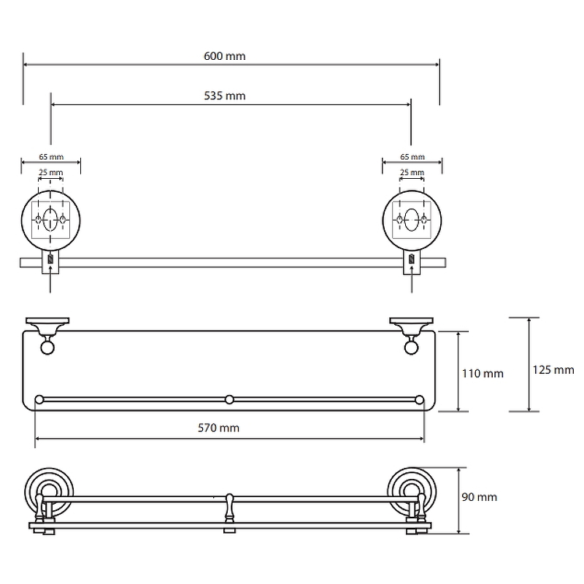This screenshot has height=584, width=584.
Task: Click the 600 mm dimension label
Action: (x=231, y=55)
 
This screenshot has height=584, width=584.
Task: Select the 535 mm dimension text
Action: (x=231, y=96)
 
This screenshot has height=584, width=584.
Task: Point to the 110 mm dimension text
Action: (x=483, y=373)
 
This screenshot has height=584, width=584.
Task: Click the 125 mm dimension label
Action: (x=554, y=369)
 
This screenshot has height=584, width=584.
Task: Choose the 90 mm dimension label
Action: (x=480, y=497)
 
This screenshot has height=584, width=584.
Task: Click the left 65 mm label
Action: (x=50, y=157)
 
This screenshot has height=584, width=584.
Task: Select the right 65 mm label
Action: (x=412, y=157)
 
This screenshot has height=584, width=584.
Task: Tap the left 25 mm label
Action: (x=50, y=172)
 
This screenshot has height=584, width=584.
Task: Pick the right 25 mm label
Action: (x=412, y=172)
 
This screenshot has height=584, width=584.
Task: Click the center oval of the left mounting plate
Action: (x=50, y=219)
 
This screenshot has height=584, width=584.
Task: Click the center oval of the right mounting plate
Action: (x=412, y=219)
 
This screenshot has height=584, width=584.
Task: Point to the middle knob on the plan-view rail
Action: (x=229, y=399)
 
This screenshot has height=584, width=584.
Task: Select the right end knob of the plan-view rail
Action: (x=419, y=399)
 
